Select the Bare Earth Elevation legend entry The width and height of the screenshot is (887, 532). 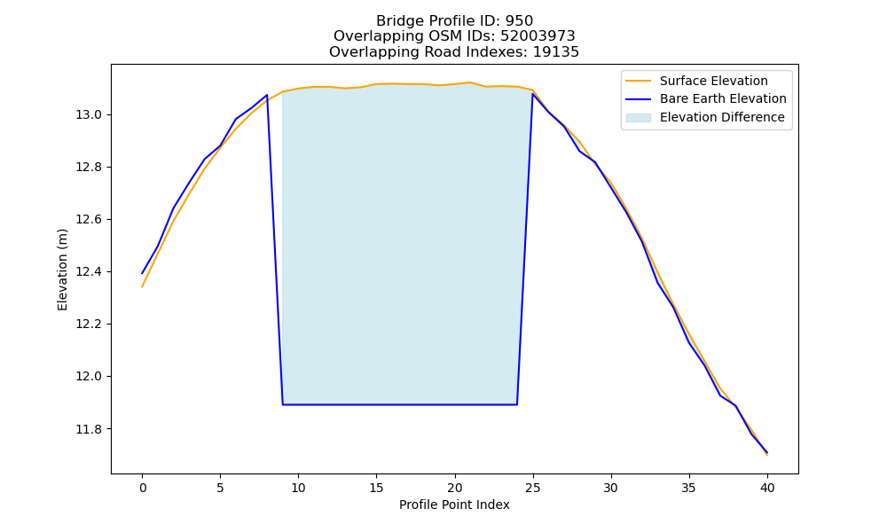pyautogui.click(x=706, y=99)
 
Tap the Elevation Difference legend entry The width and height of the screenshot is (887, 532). pyautogui.click(x=705, y=118)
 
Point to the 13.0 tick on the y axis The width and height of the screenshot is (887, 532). pyautogui.click(x=89, y=114)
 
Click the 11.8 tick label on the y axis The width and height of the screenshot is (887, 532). pyautogui.click(x=89, y=429)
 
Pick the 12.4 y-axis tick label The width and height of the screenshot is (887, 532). pyautogui.click(x=89, y=272)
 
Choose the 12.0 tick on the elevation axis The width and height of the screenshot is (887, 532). pyautogui.click(x=89, y=377)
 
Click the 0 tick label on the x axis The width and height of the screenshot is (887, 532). pyautogui.click(x=143, y=488)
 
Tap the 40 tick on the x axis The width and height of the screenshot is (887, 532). pyautogui.click(x=767, y=488)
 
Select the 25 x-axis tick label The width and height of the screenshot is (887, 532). pyautogui.click(x=533, y=488)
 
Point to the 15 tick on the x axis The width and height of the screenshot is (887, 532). pyautogui.click(x=377, y=488)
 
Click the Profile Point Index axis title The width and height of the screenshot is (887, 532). pyautogui.click(x=454, y=505)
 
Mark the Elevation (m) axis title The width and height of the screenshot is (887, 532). pyautogui.click(x=62, y=270)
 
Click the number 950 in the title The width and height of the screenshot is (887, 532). pyautogui.click(x=519, y=21)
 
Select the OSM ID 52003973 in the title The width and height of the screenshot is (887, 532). pyautogui.click(x=538, y=36)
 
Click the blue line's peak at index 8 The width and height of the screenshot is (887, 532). pyautogui.click(x=267, y=95)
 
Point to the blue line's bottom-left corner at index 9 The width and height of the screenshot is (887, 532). pyautogui.click(x=283, y=405)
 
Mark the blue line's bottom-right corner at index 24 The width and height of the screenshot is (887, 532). pyautogui.click(x=517, y=405)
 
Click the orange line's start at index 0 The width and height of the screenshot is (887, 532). pyautogui.click(x=142, y=286)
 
